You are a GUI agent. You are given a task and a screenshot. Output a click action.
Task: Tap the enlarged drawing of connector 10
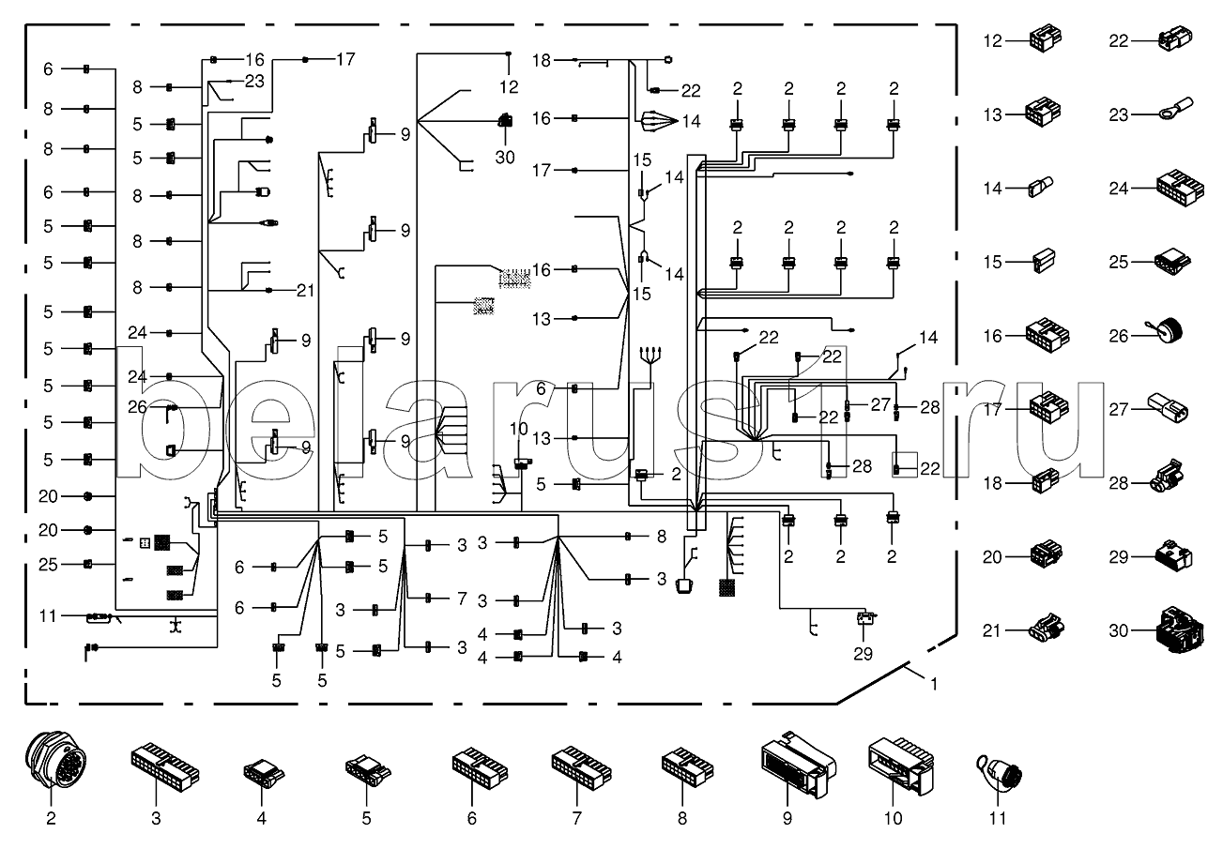(x=897, y=765)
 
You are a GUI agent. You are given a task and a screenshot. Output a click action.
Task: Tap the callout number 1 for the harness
(x=932, y=684)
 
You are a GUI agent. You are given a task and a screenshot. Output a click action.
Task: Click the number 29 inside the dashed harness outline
(x=863, y=655)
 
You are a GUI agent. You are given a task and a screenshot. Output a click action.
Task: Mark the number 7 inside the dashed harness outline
(x=461, y=598)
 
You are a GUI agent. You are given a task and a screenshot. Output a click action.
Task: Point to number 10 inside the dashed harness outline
(x=519, y=429)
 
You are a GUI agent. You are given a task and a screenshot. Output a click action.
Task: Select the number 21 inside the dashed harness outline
(x=304, y=290)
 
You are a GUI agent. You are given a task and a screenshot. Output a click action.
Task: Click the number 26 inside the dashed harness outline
(x=138, y=406)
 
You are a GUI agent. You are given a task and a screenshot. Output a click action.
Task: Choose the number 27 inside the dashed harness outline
(x=879, y=405)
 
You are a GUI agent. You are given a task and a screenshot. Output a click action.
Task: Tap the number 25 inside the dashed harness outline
(x=49, y=564)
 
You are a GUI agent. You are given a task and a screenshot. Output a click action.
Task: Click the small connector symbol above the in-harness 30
(x=504, y=120)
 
